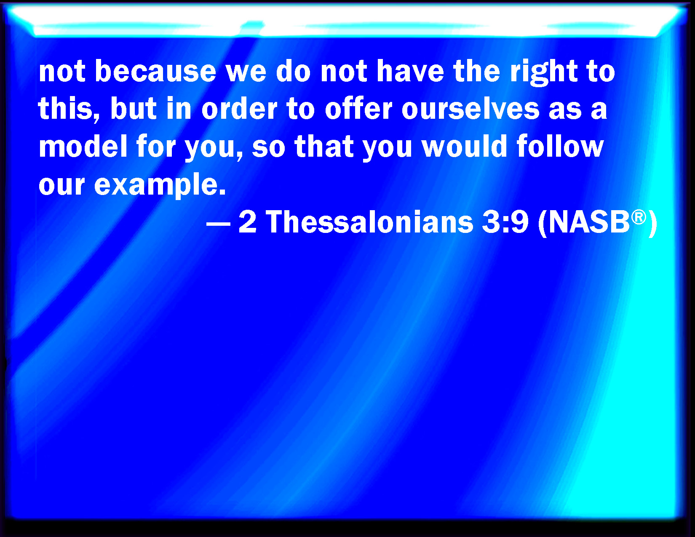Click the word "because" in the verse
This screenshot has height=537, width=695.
[x=155, y=71]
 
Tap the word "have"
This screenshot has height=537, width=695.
[x=410, y=71]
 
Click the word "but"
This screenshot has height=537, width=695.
[x=134, y=108]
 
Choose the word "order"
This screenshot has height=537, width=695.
[x=239, y=108]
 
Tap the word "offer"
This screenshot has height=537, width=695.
[x=358, y=108]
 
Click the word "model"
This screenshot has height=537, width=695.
[x=83, y=146]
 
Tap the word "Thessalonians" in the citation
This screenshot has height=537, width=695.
[x=369, y=222]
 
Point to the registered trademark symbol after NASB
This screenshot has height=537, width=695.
[x=639, y=217]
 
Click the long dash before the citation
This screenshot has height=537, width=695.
[x=219, y=224]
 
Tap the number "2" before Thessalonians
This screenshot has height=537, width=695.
[x=248, y=222]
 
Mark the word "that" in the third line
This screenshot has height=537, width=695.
[x=324, y=146]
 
